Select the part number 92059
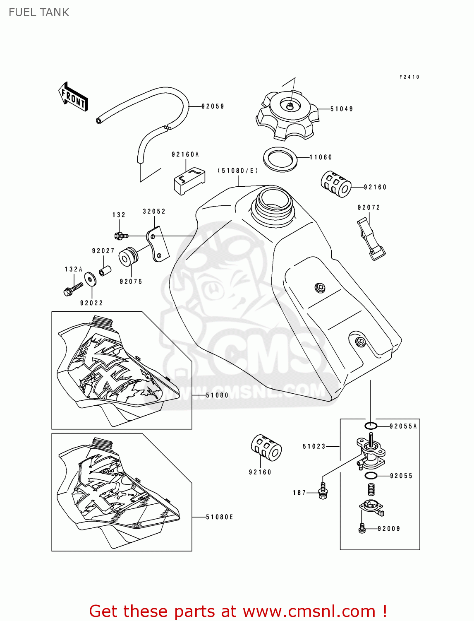pos(213,106)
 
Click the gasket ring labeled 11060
pos(280,159)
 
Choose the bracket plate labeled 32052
pos(158,244)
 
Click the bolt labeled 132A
pos(73,288)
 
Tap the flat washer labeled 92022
pos(90,279)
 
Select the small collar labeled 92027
pos(105,272)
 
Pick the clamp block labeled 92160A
pos(189,179)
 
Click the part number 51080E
pos(220,517)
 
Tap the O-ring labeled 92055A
pos(371,426)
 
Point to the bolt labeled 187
pos(323,490)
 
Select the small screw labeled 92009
pos(362,528)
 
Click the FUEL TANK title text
pos(39,12)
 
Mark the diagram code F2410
pos(409,77)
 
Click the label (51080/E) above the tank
pos(238,171)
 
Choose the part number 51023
pos(314,446)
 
